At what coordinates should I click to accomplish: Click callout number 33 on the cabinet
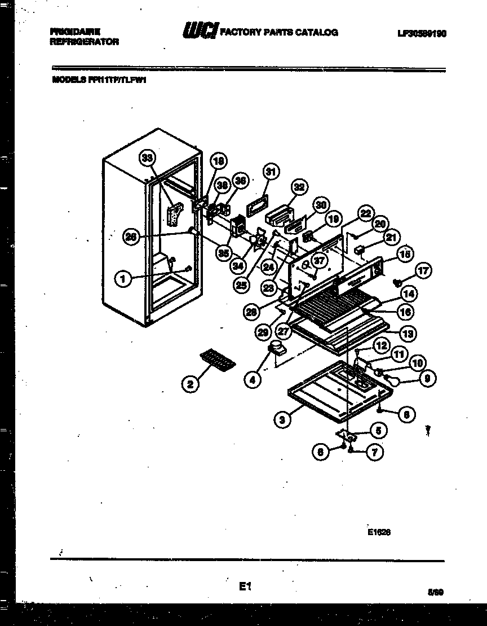(148, 158)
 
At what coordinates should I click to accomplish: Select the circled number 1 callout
(122, 278)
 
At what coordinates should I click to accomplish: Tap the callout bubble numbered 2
(191, 384)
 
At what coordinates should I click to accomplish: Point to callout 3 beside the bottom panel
(281, 419)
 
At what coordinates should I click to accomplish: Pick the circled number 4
(253, 380)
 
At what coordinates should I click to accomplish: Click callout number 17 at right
(423, 272)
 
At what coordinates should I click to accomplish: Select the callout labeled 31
(271, 172)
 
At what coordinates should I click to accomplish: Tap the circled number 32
(299, 187)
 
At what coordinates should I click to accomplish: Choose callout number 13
(408, 333)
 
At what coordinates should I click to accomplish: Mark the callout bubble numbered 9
(427, 380)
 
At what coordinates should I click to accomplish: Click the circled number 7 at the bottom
(374, 452)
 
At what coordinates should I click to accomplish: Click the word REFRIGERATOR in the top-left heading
(85, 42)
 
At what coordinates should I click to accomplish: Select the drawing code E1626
(379, 531)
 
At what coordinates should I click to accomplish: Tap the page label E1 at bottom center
(243, 587)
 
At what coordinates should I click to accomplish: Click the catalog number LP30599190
(422, 33)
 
